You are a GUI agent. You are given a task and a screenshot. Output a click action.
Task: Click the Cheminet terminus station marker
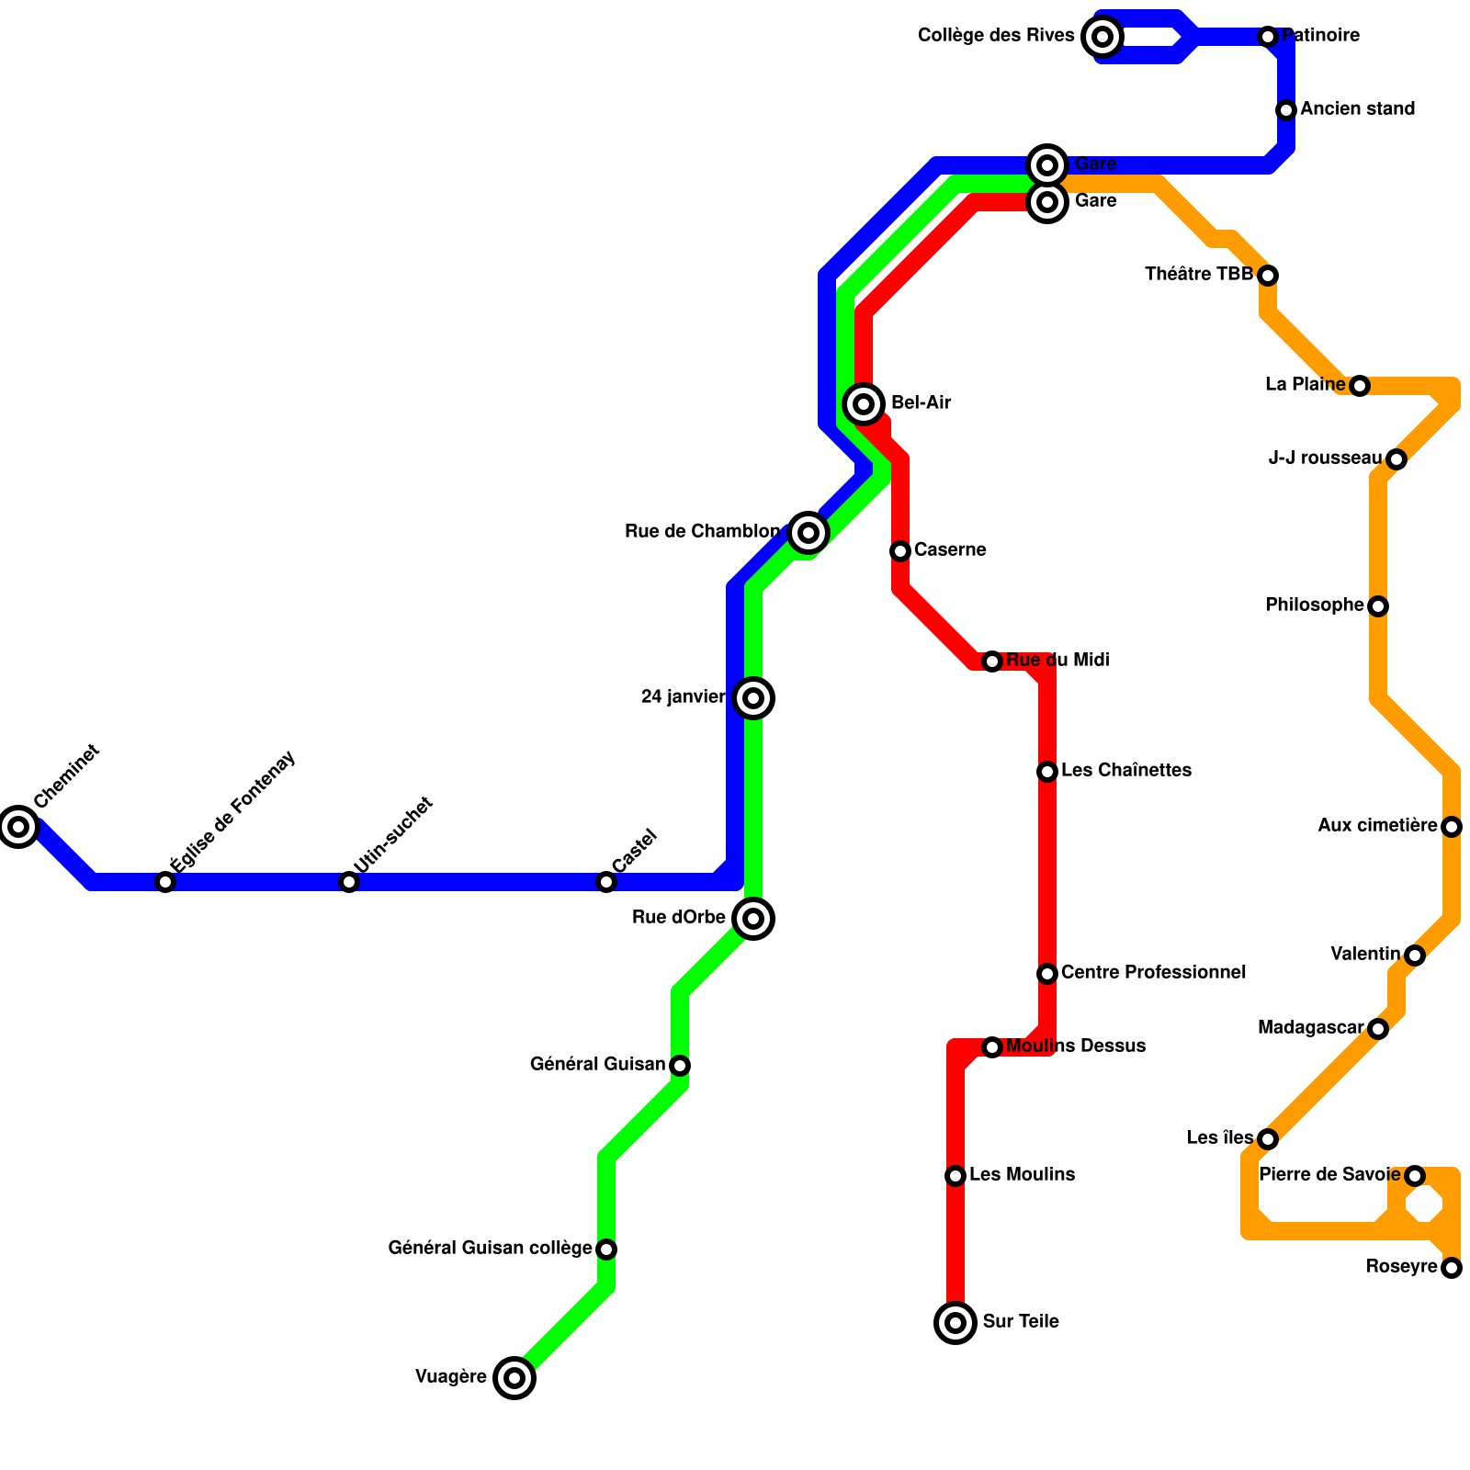click(x=18, y=827)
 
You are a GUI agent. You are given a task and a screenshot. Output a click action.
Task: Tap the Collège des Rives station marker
click(x=1102, y=37)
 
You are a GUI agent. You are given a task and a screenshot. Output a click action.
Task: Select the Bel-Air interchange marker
click(x=864, y=403)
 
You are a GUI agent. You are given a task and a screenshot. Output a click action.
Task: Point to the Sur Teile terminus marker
click(x=955, y=1323)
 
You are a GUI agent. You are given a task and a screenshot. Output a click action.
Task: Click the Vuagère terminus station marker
click(x=514, y=1377)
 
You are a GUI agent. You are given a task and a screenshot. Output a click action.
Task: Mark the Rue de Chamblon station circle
click(x=808, y=532)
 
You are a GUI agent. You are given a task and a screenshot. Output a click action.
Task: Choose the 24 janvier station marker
click(x=753, y=698)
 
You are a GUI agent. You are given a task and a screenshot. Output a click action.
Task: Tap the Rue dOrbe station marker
click(x=753, y=918)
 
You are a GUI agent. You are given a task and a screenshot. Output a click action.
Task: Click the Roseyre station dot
click(x=1452, y=1268)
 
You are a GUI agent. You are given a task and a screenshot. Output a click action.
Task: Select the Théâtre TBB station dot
click(x=1268, y=276)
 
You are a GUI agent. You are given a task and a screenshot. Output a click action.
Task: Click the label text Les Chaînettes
click(x=1126, y=771)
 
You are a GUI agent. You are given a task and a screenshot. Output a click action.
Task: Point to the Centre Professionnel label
click(x=1153, y=973)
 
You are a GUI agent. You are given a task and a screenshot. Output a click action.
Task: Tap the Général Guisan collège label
click(x=490, y=1249)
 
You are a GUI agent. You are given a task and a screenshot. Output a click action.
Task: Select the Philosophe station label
click(x=1314, y=605)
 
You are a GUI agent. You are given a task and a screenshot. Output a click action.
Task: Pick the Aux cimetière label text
click(x=1377, y=826)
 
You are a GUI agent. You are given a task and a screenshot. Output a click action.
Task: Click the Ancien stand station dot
click(x=1286, y=110)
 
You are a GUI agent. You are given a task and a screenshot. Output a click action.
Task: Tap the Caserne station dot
click(x=900, y=551)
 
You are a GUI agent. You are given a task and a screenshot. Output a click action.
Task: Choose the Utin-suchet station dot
click(x=349, y=882)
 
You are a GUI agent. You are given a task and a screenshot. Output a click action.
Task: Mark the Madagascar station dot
click(x=1378, y=1029)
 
